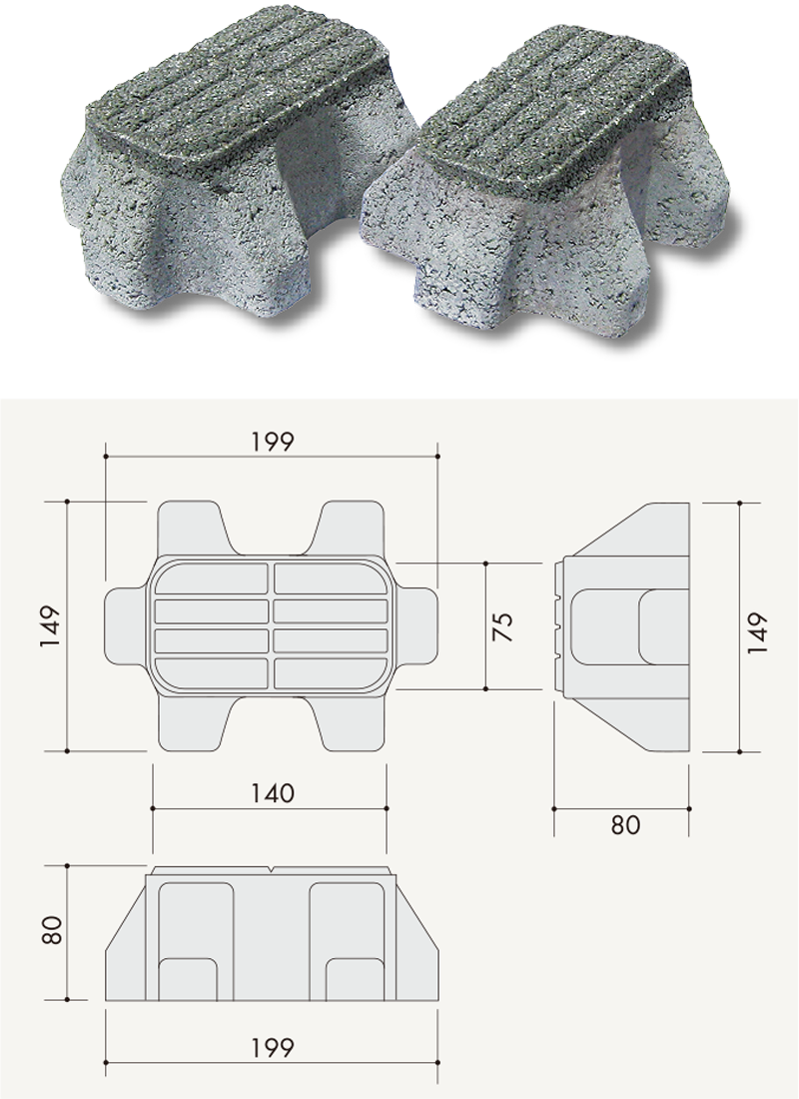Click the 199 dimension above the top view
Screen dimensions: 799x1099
coord(273,442)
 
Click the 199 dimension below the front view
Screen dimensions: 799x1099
coord(273,1048)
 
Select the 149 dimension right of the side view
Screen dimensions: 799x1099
coord(757,632)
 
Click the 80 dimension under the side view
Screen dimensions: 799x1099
coord(625,825)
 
